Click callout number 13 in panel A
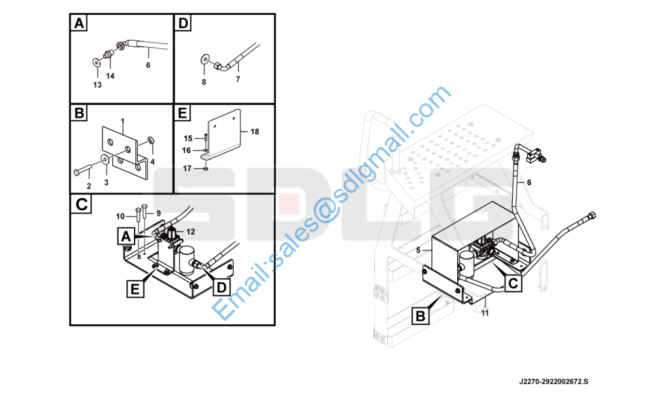(97, 85)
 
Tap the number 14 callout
(110, 76)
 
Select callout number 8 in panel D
(204, 82)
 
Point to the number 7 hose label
(238, 79)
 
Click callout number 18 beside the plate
(255, 132)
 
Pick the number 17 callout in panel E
(187, 169)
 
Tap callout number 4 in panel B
(152, 161)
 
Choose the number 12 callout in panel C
(191, 231)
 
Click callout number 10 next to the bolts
(120, 216)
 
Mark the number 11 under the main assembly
(485, 313)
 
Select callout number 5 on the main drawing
(418, 251)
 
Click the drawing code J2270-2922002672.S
(554, 381)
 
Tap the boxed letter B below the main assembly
(420, 316)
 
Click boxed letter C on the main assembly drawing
(513, 283)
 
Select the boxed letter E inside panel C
(135, 290)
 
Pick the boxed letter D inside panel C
(221, 287)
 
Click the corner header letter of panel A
(79, 23)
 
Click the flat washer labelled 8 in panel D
(205, 58)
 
